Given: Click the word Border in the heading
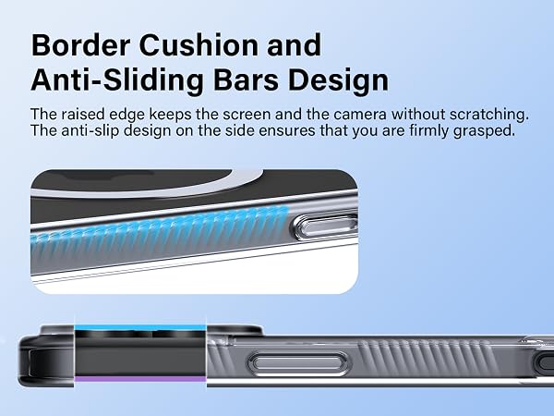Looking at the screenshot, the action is pyautogui.click(x=80, y=45).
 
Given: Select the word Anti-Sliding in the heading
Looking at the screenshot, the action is pyautogui.click(x=117, y=80).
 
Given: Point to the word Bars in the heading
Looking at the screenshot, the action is pyautogui.click(x=246, y=80).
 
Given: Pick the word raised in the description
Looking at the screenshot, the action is pyautogui.click(x=83, y=114).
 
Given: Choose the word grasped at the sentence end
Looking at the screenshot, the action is pyautogui.click(x=484, y=131).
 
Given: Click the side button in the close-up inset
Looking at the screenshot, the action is pyautogui.click(x=327, y=226).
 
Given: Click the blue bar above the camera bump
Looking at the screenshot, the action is pyautogui.click(x=140, y=327).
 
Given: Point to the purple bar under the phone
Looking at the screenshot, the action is pyautogui.click(x=140, y=379).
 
